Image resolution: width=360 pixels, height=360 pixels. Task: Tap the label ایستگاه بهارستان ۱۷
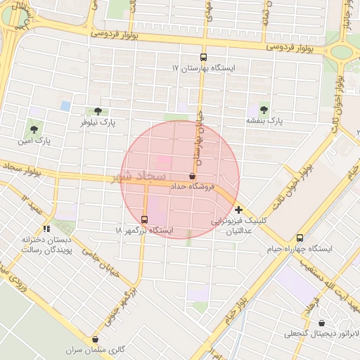pos(204,69)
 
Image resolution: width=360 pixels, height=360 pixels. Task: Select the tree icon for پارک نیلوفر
pos(97,111)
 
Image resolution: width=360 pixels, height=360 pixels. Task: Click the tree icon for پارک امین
pos(34,129)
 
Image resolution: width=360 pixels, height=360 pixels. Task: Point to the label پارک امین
pos(34,141)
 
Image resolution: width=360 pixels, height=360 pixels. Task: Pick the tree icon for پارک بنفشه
pos(264,109)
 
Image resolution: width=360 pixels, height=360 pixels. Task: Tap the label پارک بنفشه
pos(264,120)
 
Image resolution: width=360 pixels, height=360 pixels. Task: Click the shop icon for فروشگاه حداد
pos(192,176)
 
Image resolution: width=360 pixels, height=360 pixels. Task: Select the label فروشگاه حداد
pos(191,187)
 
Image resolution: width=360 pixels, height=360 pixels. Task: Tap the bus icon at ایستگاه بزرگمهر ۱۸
pos(144,219)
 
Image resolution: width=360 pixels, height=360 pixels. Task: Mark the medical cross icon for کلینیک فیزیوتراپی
pos(239,210)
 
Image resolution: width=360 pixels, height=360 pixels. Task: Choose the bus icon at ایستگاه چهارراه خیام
pos(300,238)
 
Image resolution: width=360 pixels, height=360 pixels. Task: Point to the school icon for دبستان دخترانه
pos(46,228)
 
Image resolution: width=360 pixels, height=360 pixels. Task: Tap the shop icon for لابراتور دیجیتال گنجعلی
pos(321,323)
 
